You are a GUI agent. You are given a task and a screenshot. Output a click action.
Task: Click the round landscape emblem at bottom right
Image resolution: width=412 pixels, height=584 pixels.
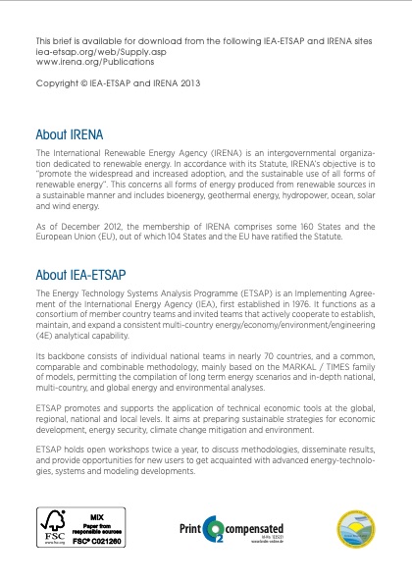(355, 530)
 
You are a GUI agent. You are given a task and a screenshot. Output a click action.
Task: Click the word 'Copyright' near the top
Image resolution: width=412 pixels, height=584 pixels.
(56, 83)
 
